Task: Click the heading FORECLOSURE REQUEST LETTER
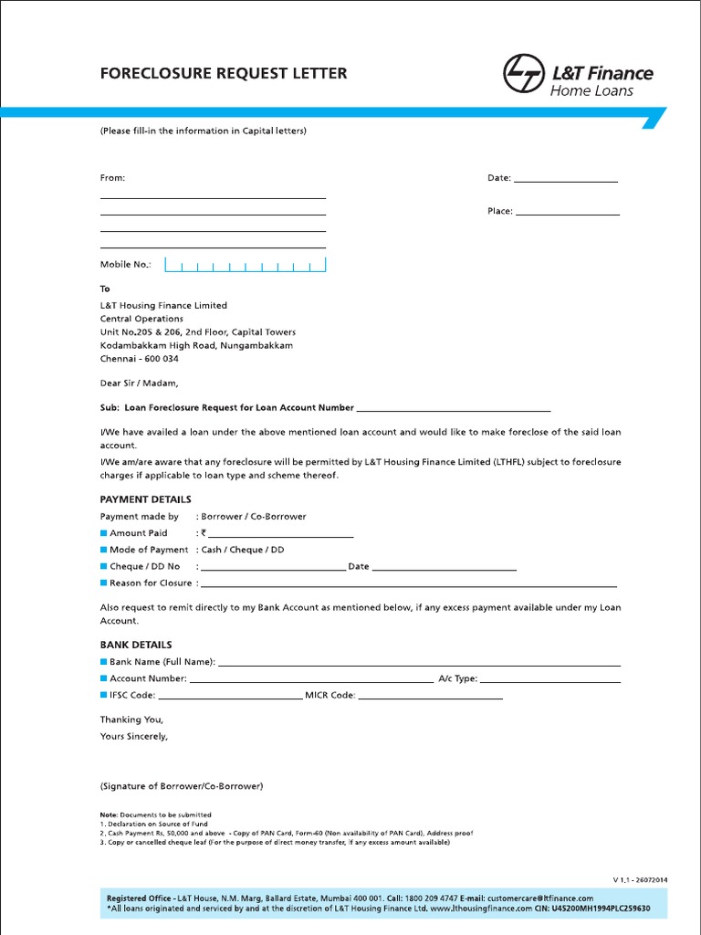pos(224,73)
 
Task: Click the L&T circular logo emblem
pos(523,74)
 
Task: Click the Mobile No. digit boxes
pos(245,265)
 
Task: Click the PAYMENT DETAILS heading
pos(145,499)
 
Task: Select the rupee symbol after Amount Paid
pos(204,533)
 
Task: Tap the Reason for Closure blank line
pos(408,583)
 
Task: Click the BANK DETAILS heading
pos(135,645)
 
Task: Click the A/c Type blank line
pos(550,679)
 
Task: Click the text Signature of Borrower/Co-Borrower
pos(181,786)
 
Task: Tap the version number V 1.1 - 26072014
pos(640,880)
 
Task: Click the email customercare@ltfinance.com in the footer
pos(540,898)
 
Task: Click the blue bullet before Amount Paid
pos(104,533)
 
